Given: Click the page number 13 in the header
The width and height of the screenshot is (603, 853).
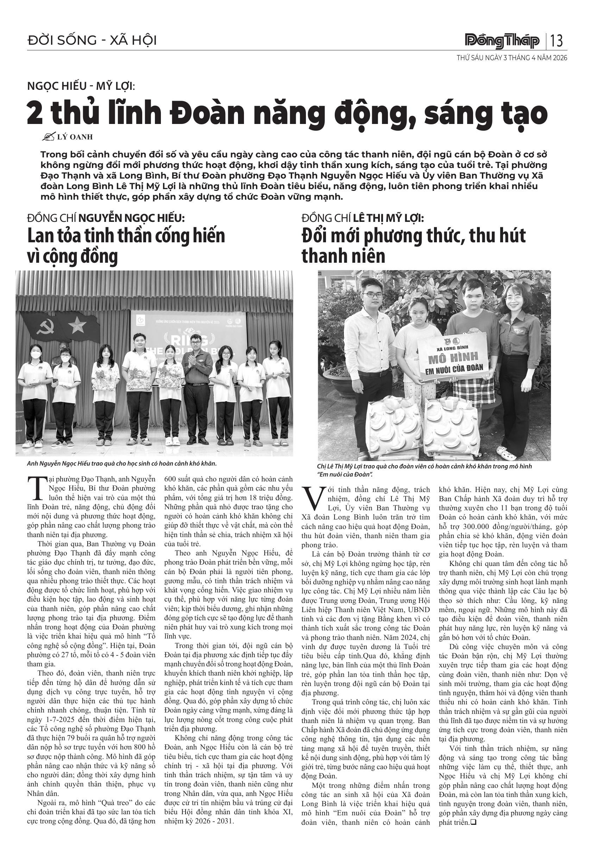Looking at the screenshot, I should pyautogui.click(x=557, y=41).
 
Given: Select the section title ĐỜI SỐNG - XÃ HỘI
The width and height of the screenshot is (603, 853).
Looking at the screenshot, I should pyautogui.click(x=92, y=40).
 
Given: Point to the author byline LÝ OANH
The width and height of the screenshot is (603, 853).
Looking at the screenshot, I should pyautogui.click(x=75, y=137).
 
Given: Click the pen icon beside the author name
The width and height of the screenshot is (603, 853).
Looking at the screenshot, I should pyautogui.click(x=49, y=137).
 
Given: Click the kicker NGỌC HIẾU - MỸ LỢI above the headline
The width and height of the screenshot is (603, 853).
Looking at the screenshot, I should pyautogui.click(x=81, y=86).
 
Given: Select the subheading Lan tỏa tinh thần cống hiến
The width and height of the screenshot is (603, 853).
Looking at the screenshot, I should pyautogui.click(x=126, y=236).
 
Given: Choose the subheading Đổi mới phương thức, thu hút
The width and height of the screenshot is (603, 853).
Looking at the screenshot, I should pyautogui.click(x=413, y=236).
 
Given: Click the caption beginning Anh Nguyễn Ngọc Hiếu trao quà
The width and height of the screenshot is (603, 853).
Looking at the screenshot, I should pyautogui.click(x=121, y=463).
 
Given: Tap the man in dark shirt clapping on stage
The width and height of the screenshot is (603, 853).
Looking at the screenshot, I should pyautogui.click(x=197, y=386).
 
